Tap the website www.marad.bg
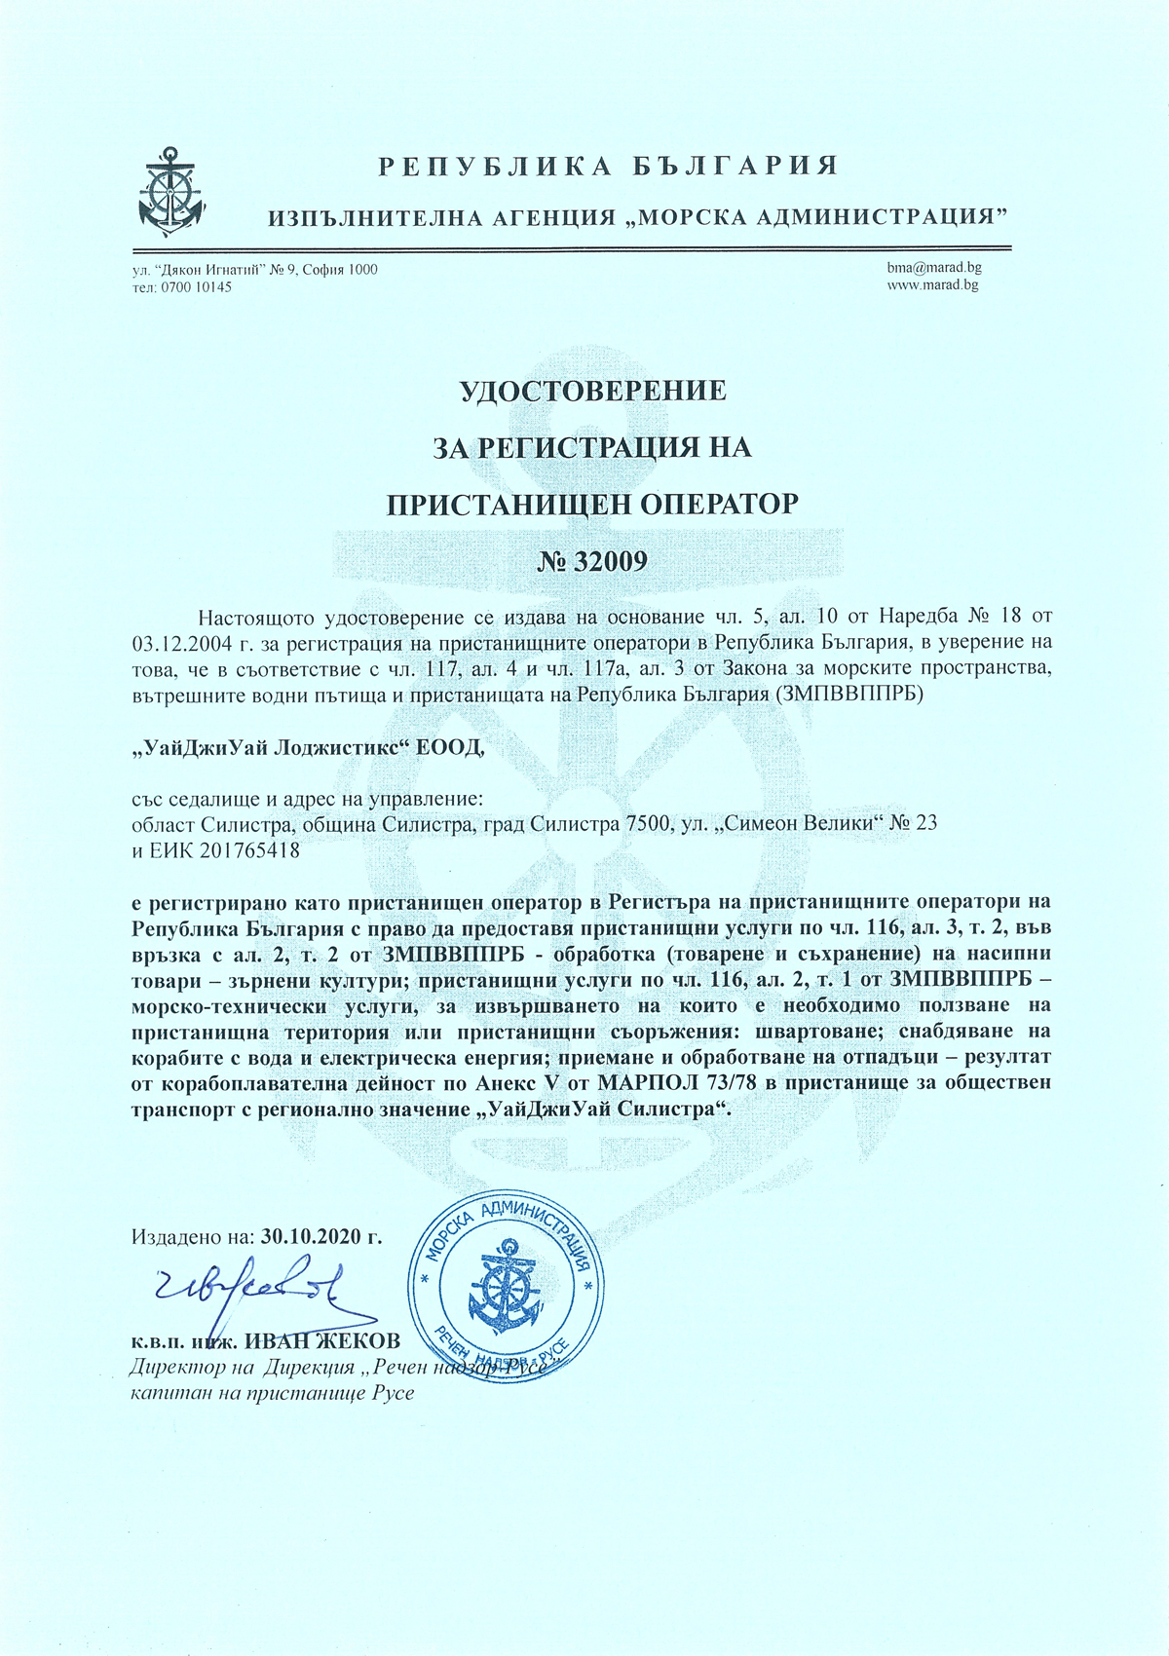tap(932, 285)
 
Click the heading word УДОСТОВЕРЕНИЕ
tap(592, 392)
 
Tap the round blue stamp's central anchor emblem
tap(505, 1287)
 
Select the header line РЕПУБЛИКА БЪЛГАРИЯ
tap(608, 166)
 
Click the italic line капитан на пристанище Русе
tap(273, 1392)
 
